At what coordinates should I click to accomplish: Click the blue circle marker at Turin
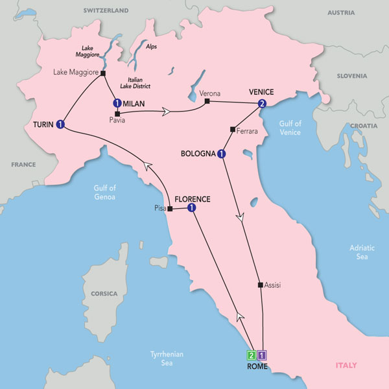(60, 124)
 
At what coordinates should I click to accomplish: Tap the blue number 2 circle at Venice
(262, 103)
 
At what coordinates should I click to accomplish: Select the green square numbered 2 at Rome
(251, 355)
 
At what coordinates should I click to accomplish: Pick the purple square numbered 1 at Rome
(262, 355)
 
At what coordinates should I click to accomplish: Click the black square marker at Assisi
(260, 285)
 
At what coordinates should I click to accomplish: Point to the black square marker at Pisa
(169, 209)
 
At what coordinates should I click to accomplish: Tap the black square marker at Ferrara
(231, 130)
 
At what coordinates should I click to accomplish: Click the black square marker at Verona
(206, 102)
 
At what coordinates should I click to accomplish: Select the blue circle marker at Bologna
(222, 154)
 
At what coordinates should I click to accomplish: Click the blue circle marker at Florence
(192, 208)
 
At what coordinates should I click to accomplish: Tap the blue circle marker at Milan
(117, 103)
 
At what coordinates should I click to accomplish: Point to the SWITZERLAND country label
(106, 11)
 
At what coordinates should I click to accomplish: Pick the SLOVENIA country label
(352, 76)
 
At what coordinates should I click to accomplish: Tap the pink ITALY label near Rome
(346, 366)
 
